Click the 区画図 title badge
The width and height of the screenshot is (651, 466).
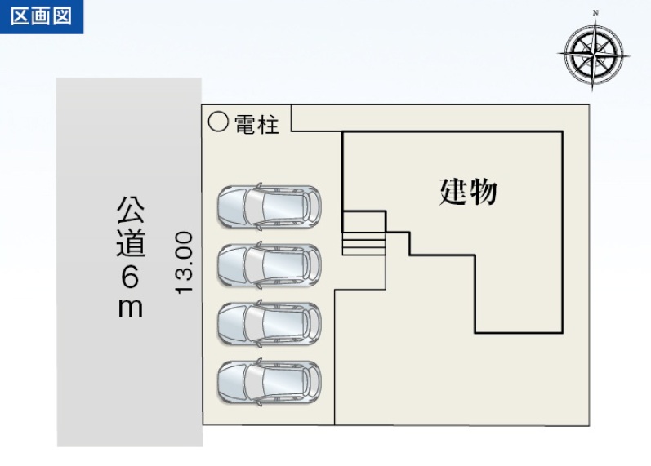[42, 16]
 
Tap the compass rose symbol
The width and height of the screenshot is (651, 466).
[595, 54]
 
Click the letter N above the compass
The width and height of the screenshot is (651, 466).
[595, 12]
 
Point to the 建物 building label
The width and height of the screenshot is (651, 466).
[469, 192]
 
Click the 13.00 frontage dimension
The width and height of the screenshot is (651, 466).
[184, 263]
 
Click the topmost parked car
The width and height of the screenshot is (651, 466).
[269, 206]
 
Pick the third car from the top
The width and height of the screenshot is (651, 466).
[269, 322]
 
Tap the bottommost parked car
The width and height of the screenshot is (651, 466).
[269, 381]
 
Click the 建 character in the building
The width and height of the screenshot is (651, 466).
[454, 192]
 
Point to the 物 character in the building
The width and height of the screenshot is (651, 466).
[484, 192]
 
